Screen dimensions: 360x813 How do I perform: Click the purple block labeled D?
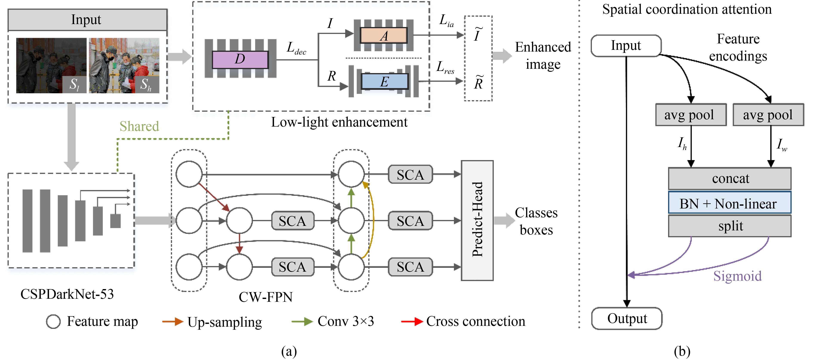240,59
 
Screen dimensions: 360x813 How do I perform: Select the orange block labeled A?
383,36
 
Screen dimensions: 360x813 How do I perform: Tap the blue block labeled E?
384,81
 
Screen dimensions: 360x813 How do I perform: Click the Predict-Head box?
477,220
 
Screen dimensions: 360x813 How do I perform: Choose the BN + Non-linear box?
729,204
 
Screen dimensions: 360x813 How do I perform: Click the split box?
729,226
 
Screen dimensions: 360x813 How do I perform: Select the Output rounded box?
627,318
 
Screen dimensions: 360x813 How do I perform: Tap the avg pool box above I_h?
691,115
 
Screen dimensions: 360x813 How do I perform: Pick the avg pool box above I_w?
768,115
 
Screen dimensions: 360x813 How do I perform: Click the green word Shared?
139,126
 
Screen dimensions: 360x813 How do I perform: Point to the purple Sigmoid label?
737,276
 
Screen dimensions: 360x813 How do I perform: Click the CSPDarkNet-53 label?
67,294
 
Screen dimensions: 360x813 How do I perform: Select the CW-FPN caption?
265,297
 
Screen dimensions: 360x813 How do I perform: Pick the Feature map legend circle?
53,322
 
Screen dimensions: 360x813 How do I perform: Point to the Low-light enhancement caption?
339,122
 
